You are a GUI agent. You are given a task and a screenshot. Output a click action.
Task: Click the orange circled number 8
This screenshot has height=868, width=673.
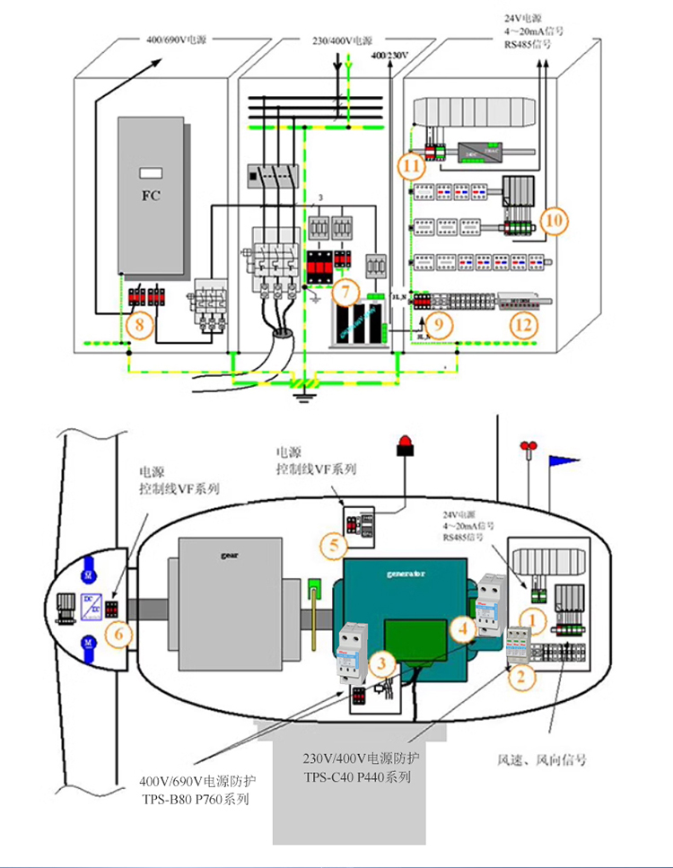tap(137, 326)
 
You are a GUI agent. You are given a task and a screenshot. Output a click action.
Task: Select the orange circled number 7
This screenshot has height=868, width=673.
tap(345, 291)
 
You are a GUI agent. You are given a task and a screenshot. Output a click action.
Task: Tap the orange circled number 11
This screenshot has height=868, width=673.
tap(412, 164)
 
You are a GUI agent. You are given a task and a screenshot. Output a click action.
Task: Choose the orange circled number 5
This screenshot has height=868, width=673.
tap(333, 544)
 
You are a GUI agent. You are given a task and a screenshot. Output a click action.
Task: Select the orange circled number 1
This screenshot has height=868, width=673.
tap(535, 618)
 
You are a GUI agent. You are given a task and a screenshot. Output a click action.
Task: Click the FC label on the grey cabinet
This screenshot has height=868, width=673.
tap(151, 195)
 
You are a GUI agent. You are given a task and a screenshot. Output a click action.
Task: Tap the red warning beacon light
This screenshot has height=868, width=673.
tap(405, 443)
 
